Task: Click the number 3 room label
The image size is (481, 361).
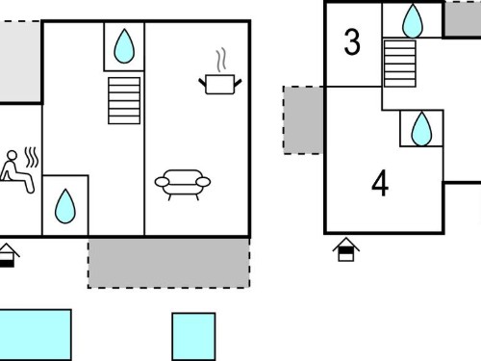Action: pos(352,42)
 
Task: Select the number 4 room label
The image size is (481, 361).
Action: pos(380,183)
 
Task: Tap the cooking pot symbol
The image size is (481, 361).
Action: pos(220,84)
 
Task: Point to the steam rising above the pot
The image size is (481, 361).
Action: pos(221,60)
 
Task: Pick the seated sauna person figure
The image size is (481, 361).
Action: pos(16,171)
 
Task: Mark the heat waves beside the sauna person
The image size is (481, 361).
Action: pos(32,158)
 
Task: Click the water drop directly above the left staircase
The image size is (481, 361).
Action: pos(124,46)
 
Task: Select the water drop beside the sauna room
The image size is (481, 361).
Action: pos(65,206)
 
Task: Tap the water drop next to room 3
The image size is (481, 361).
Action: pos(413,21)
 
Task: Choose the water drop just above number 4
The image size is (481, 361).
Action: pos(421,129)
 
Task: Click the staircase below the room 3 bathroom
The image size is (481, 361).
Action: pos(400,64)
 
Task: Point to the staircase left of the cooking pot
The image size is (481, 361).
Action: pos(124,100)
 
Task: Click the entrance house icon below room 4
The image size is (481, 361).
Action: pos(346,249)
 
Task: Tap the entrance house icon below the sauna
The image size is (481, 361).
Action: pos(8,256)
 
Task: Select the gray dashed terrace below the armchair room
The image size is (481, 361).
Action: pos(169,263)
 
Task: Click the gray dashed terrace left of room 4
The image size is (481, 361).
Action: pos(303,120)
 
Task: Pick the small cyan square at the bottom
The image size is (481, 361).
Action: pos(193,337)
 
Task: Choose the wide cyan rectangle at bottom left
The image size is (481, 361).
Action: pos(35,335)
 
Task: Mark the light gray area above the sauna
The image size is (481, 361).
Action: pos(20,62)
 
